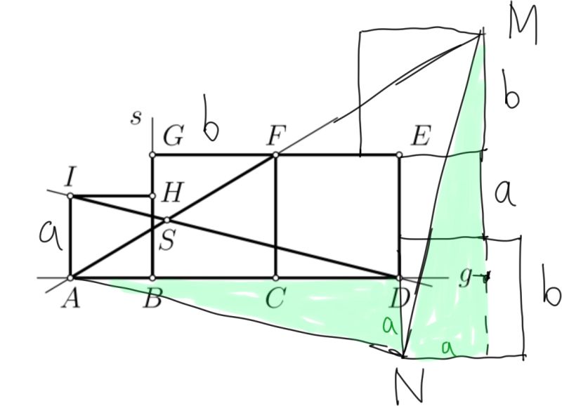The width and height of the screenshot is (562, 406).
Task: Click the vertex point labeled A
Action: click(x=71, y=277)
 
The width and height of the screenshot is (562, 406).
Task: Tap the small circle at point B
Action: click(x=152, y=277)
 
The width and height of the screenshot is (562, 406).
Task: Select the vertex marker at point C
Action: click(x=275, y=277)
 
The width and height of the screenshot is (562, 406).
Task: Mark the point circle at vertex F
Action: click(x=275, y=155)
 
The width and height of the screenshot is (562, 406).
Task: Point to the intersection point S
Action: click(x=166, y=220)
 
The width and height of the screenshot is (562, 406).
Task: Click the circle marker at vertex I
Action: click(x=71, y=196)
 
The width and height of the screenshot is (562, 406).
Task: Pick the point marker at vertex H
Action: click(x=152, y=196)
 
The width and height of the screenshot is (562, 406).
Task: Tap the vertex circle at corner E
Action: click(x=399, y=155)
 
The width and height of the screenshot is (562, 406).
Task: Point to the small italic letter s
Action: click(x=136, y=117)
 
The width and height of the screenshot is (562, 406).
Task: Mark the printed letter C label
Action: click(x=275, y=300)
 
